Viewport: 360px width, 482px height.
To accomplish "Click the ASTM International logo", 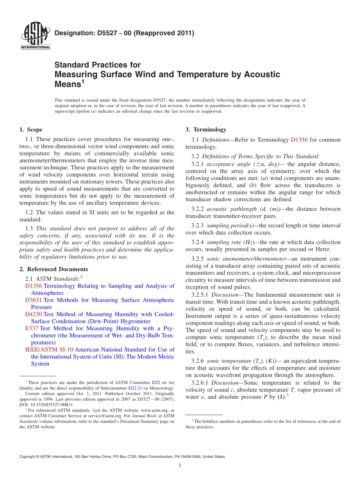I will [35, 36].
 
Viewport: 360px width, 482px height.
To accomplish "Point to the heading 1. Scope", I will [31, 130].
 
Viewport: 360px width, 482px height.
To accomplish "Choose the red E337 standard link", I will [31, 329].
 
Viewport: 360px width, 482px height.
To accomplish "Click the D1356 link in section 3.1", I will [299, 140].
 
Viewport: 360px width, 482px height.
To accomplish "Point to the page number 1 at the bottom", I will [180, 465].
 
